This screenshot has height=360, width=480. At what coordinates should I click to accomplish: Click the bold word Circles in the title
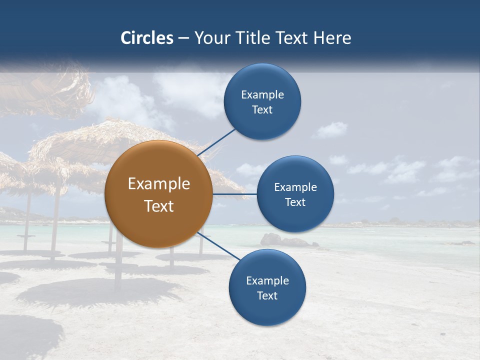147,38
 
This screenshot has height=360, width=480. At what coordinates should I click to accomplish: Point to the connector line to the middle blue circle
234,194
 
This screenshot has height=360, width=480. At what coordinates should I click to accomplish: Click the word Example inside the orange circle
159,184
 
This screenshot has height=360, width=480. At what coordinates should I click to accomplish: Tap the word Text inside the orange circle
159,206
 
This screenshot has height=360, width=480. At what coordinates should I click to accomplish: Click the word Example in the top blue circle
262,95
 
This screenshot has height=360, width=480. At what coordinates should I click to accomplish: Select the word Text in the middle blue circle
295,202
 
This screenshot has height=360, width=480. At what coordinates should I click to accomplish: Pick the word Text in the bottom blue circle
267,295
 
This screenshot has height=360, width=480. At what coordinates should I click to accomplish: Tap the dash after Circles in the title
183,38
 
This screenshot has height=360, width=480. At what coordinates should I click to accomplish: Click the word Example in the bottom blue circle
267,281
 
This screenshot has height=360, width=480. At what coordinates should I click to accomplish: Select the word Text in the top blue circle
262,109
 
